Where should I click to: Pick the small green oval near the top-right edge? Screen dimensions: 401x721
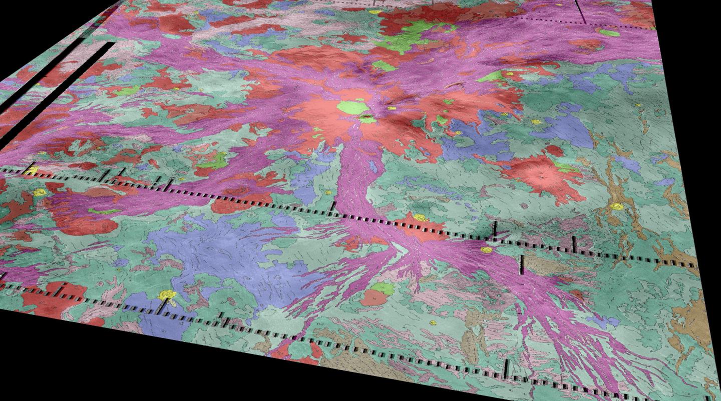tap(609, 33)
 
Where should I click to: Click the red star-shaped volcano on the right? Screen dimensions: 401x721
tap(541, 175)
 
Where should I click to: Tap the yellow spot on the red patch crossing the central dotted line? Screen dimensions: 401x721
tap(420, 218)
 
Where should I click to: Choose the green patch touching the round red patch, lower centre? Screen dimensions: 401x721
tap(384, 288)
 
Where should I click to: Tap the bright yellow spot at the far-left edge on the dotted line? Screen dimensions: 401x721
tap(31, 171)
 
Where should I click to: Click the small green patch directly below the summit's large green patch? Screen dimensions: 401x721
tap(367, 119)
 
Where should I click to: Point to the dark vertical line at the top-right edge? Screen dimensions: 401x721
tap(580, 11)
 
